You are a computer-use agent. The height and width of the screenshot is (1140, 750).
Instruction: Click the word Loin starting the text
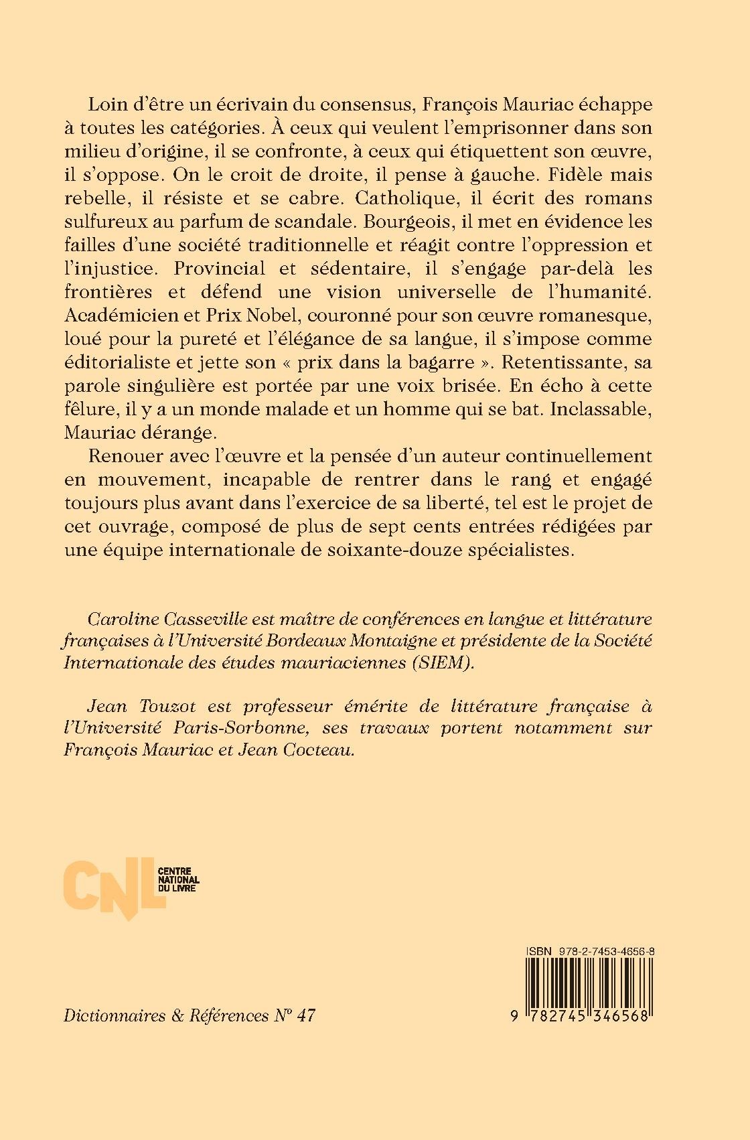click(104, 106)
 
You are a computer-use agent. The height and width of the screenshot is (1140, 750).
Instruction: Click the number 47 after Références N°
click(305, 1015)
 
